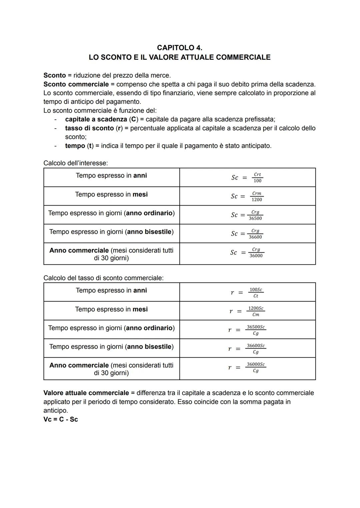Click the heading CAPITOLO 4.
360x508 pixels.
pyautogui.click(x=179, y=48)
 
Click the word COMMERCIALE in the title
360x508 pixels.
pyautogui.click(x=243, y=57)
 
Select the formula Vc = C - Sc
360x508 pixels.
pyautogui.click(x=61, y=419)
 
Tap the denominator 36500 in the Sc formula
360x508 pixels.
pyautogui.click(x=255, y=219)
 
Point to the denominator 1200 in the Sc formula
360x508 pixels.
pyautogui.click(x=257, y=200)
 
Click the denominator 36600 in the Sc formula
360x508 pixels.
pyautogui.click(x=255, y=237)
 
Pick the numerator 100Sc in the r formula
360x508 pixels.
pyautogui.click(x=256, y=290)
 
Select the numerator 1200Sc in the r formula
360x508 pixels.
pyautogui.click(x=256, y=308)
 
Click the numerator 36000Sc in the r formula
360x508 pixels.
pyautogui.click(x=256, y=364)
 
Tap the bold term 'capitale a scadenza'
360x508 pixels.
pyautogui.click(x=96, y=119)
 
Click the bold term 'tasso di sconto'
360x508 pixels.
pyautogui.click(x=89, y=128)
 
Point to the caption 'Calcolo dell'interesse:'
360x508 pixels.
pyautogui.click(x=76, y=163)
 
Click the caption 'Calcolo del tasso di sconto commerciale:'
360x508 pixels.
pyautogui.click(x=103, y=278)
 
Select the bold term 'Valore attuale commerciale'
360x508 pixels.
pyautogui.click(x=86, y=393)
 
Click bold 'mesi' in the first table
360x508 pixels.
pyautogui.click(x=140, y=195)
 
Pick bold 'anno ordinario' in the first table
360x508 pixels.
pyautogui.click(x=149, y=213)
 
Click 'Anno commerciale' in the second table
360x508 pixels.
pyautogui.click(x=79, y=365)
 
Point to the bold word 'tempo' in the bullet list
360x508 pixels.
pyautogui.click(x=75, y=146)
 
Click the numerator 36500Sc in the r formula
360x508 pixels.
pyautogui.click(x=256, y=327)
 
